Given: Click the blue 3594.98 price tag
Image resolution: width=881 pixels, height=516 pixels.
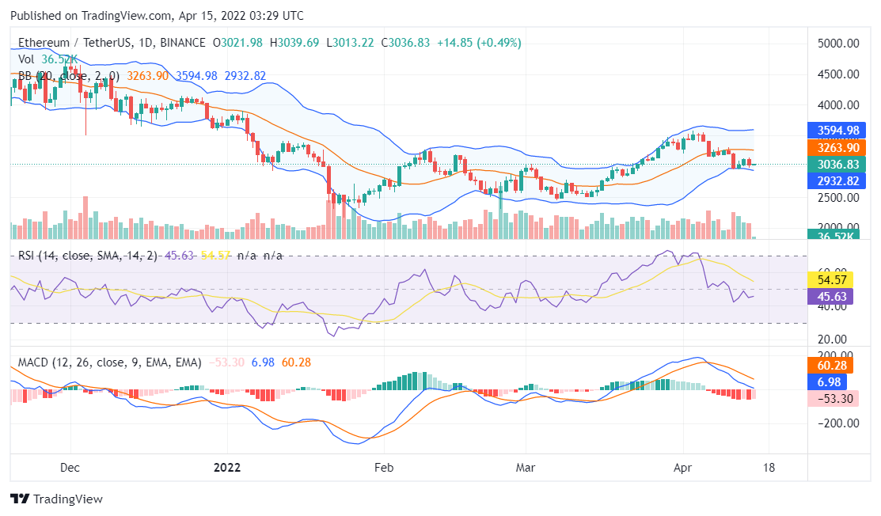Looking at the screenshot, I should pos(837,130).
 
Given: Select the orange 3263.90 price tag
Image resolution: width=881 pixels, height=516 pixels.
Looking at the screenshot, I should pos(837,147).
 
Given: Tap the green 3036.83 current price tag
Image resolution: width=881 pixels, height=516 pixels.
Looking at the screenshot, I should pos(837,165).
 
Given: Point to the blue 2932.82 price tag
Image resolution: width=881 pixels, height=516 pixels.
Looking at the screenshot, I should pos(837,181).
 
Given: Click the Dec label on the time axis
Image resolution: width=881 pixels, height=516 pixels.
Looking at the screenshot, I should pos(70,467).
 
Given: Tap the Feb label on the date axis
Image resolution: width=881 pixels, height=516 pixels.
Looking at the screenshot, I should pos(384,467).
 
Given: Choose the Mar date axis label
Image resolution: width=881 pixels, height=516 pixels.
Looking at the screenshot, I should pos(526,467).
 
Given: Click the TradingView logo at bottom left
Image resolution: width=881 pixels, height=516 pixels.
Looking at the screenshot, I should pos(56,499).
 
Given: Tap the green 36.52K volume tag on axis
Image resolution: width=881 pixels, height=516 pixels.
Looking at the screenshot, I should pos(837,235).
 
